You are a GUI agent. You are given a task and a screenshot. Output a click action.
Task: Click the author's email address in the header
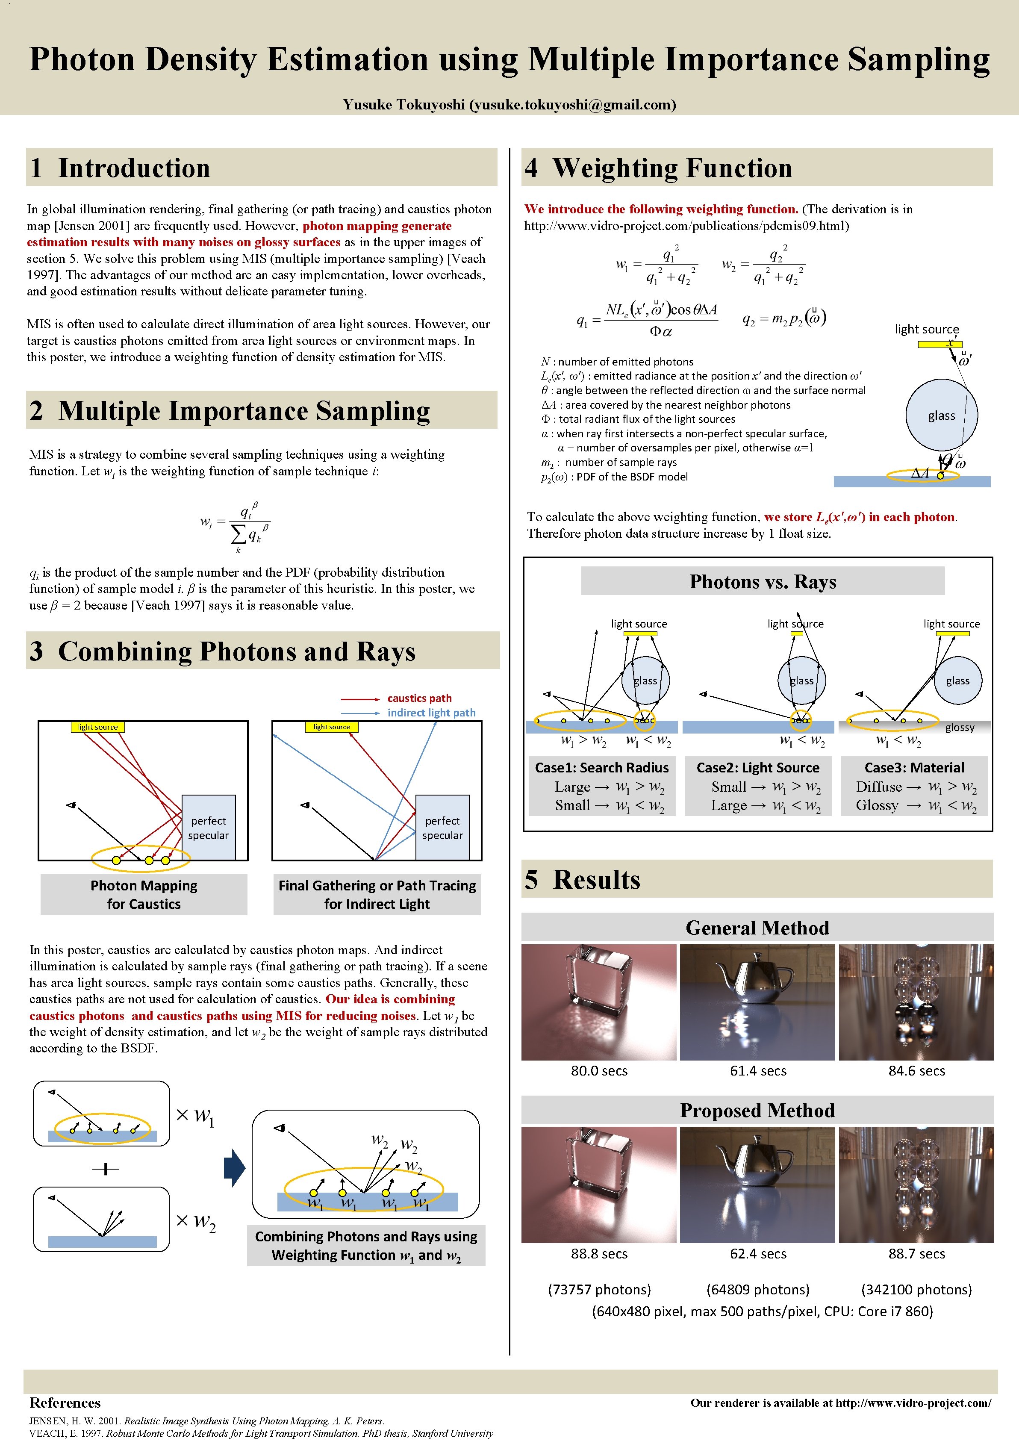point(573,105)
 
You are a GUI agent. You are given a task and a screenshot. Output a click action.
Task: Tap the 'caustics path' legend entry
point(419,698)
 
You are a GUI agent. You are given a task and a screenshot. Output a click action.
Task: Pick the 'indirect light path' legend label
point(431,712)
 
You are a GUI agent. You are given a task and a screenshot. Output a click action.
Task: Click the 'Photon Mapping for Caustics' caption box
point(144,894)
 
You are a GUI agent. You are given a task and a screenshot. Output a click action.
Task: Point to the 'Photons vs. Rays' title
point(763,582)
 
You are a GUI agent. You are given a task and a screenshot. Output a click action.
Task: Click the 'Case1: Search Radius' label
point(602,768)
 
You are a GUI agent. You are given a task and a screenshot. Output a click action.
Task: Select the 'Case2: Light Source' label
point(757,768)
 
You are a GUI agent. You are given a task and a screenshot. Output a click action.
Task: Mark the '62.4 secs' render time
point(757,1253)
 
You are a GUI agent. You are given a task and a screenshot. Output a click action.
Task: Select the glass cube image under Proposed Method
point(598,1185)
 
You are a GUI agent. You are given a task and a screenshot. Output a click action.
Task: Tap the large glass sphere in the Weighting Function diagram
point(941,416)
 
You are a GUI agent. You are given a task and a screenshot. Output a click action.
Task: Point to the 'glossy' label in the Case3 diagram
point(960,728)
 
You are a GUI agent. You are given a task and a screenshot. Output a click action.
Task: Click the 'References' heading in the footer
point(65,1403)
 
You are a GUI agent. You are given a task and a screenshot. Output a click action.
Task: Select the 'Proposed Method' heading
point(757,1110)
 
